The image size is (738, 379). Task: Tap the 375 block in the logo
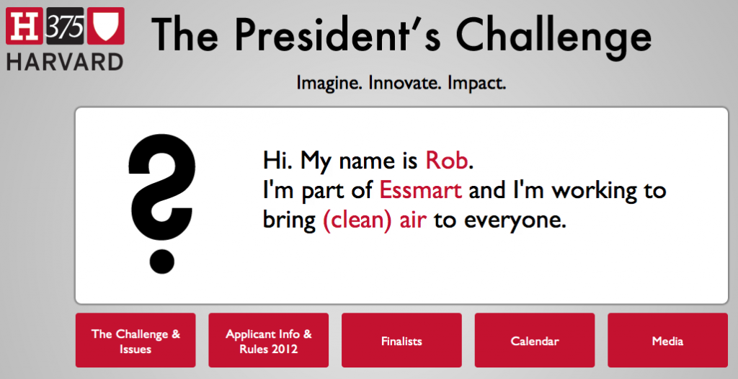pos(66,27)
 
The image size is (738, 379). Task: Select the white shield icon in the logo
pos(105,27)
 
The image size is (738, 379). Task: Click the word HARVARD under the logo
pos(65,62)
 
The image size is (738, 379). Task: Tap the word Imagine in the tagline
pos(329,84)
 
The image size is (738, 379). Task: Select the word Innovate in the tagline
pos(405,83)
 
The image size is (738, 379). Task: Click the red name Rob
pos(447,160)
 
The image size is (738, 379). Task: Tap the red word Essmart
pos(421,191)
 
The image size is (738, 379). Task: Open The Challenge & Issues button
pos(135,340)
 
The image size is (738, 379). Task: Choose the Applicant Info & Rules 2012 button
pos(269,340)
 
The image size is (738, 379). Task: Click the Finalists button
pos(401,340)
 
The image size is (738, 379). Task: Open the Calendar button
pos(535,340)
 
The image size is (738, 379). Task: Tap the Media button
pos(668,340)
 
